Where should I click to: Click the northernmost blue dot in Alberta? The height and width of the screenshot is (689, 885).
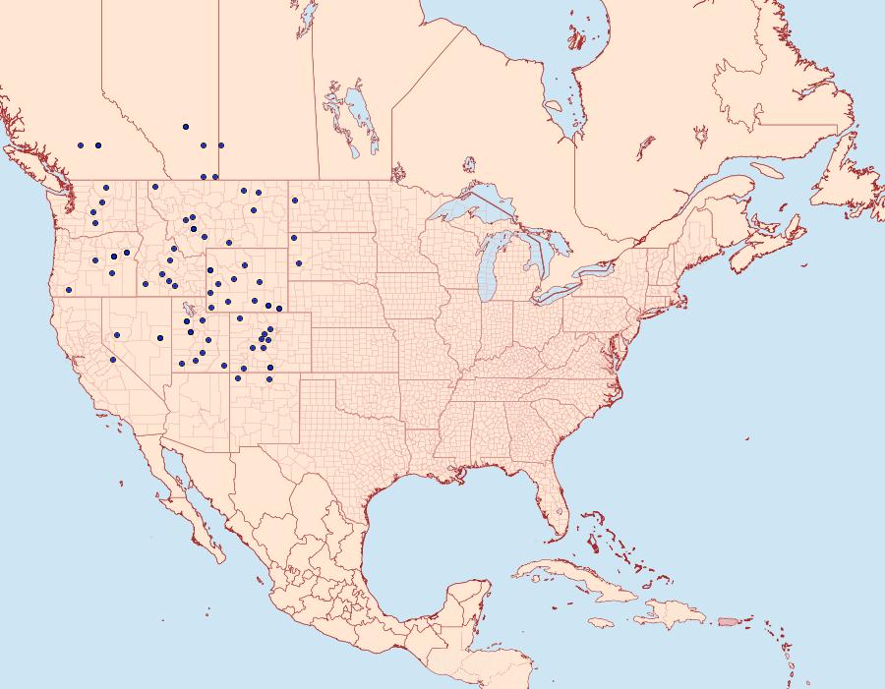click(185, 127)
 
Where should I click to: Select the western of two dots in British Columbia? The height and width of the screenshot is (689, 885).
click(81, 145)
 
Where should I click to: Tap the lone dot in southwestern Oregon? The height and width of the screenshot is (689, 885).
click(70, 290)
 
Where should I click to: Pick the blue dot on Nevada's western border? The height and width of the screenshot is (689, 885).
click(113, 360)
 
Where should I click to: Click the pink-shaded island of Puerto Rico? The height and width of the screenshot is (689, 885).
click(729, 621)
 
